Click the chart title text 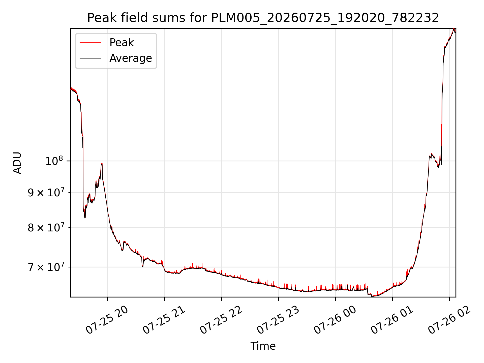(263, 18)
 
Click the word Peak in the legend (122, 43)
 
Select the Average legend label (131, 58)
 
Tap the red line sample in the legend (90, 43)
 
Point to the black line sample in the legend (90, 58)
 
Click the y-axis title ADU (17, 163)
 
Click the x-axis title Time (263, 346)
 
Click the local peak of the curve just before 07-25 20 (102, 163)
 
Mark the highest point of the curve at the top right (454, 29)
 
